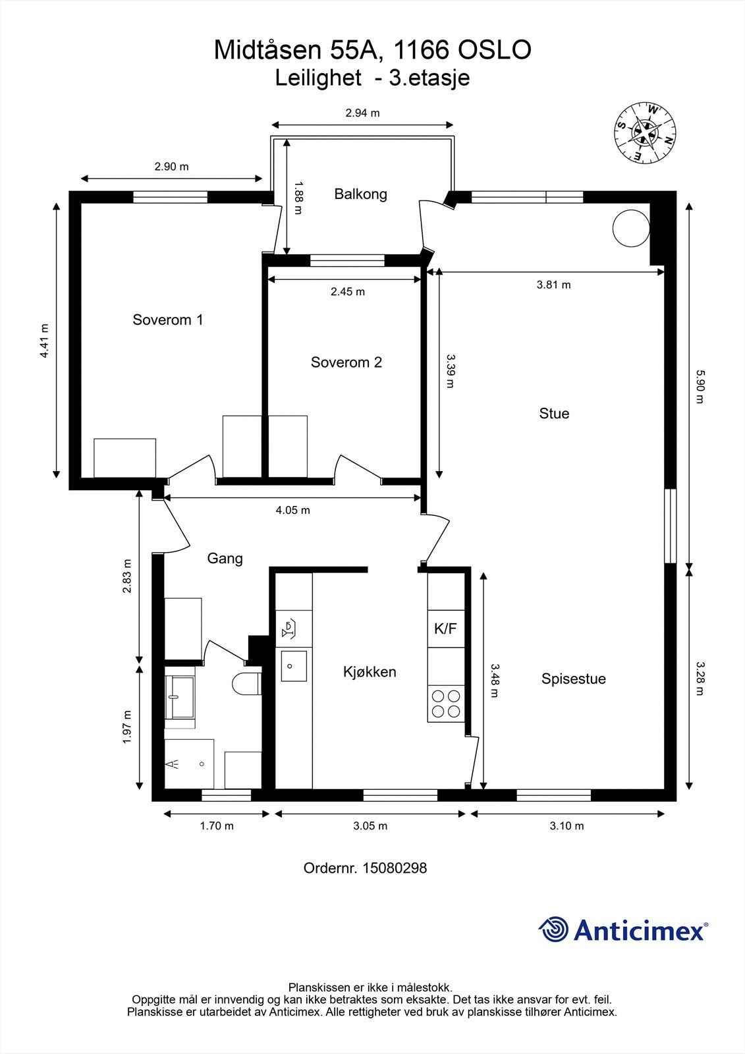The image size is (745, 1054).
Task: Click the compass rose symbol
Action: pos(645,133)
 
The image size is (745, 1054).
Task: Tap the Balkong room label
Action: pos(360,194)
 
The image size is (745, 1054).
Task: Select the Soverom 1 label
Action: pos(167,320)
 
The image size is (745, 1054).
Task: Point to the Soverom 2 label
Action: pos(346,362)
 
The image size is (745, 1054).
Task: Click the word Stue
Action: pos(554,414)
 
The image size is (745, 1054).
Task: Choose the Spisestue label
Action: pos(573,679)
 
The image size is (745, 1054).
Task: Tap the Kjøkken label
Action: pos(370,672)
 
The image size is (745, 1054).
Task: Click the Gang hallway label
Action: pos(225,559)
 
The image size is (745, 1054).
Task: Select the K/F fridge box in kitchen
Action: pos(446,628)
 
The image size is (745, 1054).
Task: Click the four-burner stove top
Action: pos(446,704)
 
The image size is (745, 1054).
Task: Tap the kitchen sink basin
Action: pos(294,666)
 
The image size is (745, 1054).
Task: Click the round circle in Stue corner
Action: pos(631,228)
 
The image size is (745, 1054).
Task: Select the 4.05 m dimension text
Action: pos(292,510)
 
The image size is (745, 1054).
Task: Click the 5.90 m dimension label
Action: pos(700,386)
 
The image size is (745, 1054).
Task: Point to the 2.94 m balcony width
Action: pos(362,113)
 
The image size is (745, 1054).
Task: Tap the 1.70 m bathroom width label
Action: pos(217,826)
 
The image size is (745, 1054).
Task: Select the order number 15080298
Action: pos(395,868)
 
